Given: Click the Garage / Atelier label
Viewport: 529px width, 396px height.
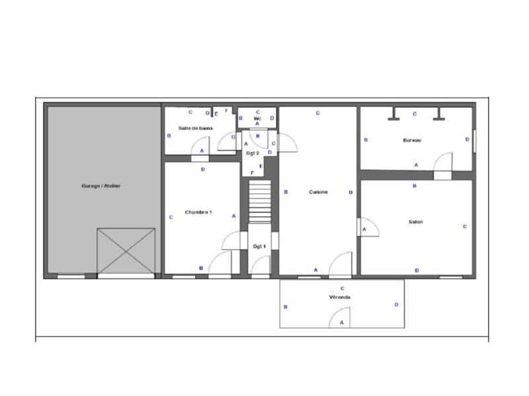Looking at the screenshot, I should pyautogui.click(x=102, y=186).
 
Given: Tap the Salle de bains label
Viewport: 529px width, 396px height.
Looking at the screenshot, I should pyautogui.click(x=195, y=128).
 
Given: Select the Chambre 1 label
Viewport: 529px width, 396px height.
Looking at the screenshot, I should pyautogui.click(x=198, y=212).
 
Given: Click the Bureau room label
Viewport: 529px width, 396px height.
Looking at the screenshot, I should pyautogui.click(x=412, y=141).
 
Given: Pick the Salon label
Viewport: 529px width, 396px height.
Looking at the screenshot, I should pyautogui.click(x=415, y=222).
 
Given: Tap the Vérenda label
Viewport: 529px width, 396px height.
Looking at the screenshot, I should pyautogui.click(x=341, y=298).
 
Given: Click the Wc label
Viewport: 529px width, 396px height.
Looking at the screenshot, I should pyautogui.click(x=257, y=119).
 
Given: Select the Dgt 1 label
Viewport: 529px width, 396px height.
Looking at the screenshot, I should pyautogui.click(x=259, y=246).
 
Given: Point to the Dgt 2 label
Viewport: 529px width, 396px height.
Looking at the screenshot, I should pyautogui.click(x=251, y=153).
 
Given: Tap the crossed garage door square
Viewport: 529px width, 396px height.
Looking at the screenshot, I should pyautogui.click(x=126, y=251).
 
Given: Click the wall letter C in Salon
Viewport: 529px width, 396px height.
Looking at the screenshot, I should pyautogui.click(x=465, y=226).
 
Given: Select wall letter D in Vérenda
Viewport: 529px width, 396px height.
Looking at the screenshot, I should pyautogui.click(x=396, y=304).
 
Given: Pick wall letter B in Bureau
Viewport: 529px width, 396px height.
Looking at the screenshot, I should pyautogui.click(x=366, y=140).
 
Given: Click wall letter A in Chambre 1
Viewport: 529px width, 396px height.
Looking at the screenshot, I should pyautogui.click(x=233, y=216).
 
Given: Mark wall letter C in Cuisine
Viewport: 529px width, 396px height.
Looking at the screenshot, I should pyautogui.click(x=318, y=113).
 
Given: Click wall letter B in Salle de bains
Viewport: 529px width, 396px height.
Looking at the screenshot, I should pyautogui.click(x=170, y=135).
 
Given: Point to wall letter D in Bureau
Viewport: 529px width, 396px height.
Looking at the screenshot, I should pyautogui.click(x=467, y=139).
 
